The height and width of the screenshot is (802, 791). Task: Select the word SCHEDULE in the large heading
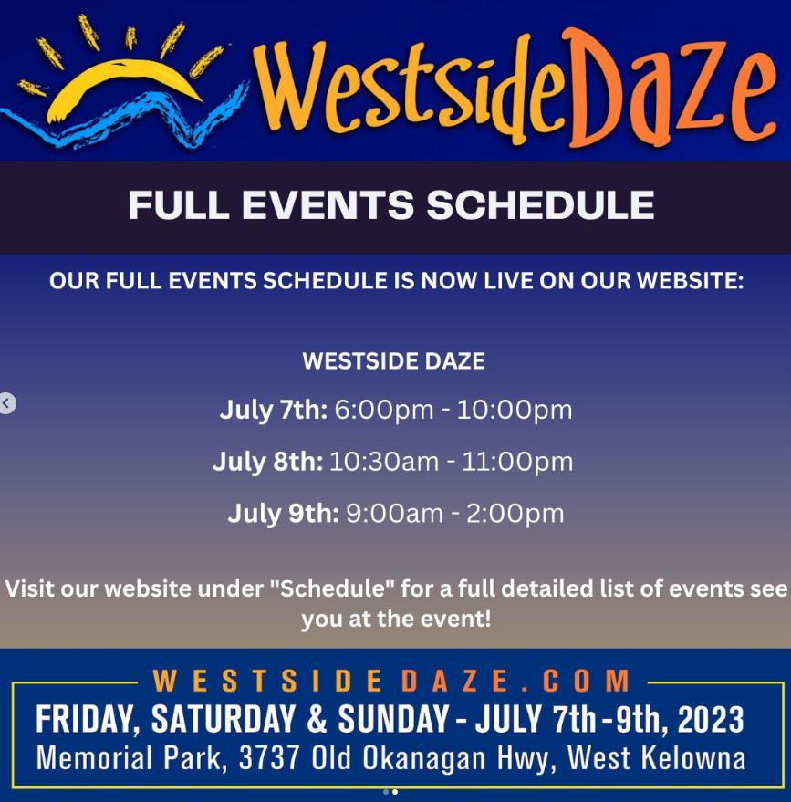click(540, 205)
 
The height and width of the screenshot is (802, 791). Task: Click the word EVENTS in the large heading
click(328, 205)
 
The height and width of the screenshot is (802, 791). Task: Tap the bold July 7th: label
click(274, 411)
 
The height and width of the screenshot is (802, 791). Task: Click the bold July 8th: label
click(267, 463)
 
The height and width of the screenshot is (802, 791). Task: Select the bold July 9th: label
click(283, 514)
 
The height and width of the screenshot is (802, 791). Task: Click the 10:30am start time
click(384, 463)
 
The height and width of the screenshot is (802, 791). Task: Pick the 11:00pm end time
click(517, 463)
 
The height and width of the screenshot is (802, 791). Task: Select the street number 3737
click(269, 757)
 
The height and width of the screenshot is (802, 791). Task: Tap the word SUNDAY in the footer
click(393, 719)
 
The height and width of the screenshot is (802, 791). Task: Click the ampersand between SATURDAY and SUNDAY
click(317, 719)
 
